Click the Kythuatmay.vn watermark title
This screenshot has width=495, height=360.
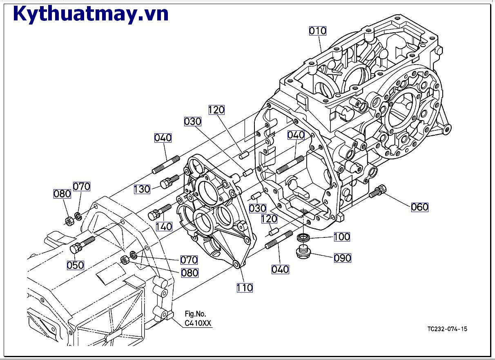pos(91,13)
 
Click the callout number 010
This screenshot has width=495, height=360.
pos(317,31)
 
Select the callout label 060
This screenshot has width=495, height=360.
pos(419,207)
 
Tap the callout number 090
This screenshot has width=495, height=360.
pos(342,258)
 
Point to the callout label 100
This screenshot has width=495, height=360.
pos(342,237)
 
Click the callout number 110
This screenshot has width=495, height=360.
pos(245,288)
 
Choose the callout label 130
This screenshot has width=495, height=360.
pos(142,189)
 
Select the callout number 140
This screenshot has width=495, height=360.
pos(164,226)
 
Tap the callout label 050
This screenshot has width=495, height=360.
pos(76,265)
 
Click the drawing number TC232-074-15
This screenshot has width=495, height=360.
pos(447,329)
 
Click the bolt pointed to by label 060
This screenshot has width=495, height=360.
pos(378,191)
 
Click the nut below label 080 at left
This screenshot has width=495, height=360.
pos(69,221)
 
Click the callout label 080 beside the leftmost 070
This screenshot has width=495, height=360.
pos(62,194)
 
